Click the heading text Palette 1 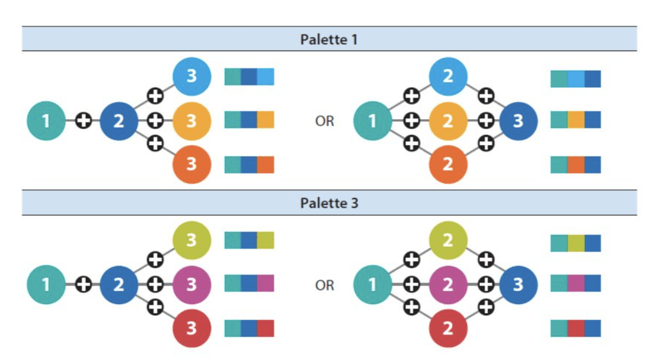[329, 39]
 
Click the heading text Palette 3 [329, 203]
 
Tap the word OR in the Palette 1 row [324, 121]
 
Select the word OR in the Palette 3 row [324, 285]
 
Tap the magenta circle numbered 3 [192, 284]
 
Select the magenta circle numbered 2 [448, 284]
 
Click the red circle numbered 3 [192, 327]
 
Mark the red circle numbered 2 [448, 327]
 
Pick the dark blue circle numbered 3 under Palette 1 [518, 121]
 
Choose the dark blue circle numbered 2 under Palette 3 [119, 284]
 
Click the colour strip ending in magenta [249, 283]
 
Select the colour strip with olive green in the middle [575, 243]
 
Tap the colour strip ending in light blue [249, 77]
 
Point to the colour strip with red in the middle [575, 328]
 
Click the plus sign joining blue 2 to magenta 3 [155, 284]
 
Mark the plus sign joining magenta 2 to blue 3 [486, 284]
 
